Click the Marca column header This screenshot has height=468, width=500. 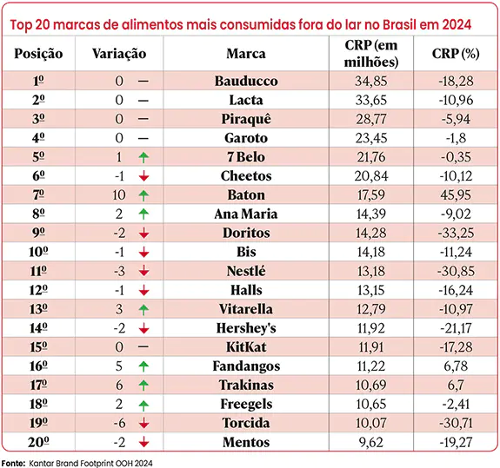click(x=246, y=54)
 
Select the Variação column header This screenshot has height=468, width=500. click(x=119, y=54)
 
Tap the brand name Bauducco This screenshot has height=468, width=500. click(x=246, y=81)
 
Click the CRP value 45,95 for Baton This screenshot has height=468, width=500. click(x=456, y=194)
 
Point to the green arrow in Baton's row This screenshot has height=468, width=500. click(x=143, y=195)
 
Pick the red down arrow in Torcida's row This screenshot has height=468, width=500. click(x=143, y=423)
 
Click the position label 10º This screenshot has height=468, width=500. click(x=38, y=252)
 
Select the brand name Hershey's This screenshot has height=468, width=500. click(x=246, y=328)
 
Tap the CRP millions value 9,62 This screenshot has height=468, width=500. click(x=370, y=442)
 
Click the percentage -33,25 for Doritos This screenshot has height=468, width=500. click(x=456, y=233)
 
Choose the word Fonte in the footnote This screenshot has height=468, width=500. click(x=13, y=464)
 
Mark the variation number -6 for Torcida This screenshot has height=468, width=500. click(x=120, y=423)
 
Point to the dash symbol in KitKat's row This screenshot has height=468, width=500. click(x=143, y=346)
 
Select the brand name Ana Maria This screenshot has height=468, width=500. click(x=246, y=214)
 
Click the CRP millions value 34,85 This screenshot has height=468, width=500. click(x=370, y=81)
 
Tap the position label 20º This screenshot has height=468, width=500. click(x=38, y=442)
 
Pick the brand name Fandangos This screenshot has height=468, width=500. click(x=246, y=366)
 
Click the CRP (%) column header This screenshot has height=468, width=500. click(x=456, y=54)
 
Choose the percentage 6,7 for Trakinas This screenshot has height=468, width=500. click(x=456, y=386)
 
